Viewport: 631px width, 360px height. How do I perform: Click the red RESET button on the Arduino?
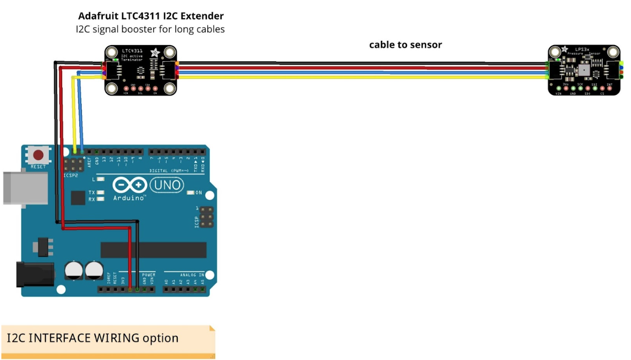click(39, 156)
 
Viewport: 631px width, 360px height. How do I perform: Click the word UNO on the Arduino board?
click(167, 185)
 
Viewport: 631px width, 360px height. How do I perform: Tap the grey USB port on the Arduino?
click(25, 187)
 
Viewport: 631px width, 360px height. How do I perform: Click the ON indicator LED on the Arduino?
click(190, 193)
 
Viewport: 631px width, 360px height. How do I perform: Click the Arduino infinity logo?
click(130, 185)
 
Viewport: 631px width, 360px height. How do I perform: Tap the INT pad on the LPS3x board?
click(609, 88)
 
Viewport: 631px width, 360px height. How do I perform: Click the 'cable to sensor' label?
click(405, 44)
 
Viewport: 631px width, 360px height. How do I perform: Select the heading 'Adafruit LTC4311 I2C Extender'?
click(151, 16)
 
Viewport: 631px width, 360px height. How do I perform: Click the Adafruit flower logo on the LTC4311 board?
click(155, 53)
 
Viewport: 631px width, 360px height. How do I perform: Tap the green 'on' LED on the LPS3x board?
click(558, 59)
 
